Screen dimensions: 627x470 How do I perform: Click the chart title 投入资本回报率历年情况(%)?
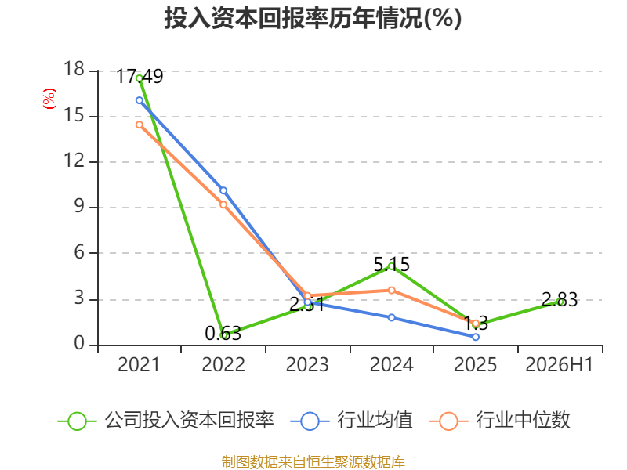pos(313,18)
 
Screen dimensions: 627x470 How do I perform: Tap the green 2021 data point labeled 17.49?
pos(140,78)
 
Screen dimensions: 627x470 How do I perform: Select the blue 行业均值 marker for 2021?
pos(140,100)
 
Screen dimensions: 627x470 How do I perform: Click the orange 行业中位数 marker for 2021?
pos(140,125)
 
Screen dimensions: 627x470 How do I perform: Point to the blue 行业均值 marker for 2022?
pos(223,190)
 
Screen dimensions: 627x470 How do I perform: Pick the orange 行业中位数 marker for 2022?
pos(223,204)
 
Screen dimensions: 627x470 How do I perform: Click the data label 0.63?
pos(223,334)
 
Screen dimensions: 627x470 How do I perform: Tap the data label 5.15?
pos(391,265)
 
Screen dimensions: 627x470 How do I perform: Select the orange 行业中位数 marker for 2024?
pos(391,290)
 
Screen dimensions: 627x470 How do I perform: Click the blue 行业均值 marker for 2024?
pos(391,317)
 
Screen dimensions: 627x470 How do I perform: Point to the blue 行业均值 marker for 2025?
pos(476,337)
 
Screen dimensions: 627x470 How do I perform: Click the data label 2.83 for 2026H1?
pos(560,300)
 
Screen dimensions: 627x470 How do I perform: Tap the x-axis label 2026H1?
pos(560,364)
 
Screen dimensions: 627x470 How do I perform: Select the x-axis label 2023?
pos(307,364)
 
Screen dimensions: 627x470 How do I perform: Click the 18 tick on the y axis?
pos(74,69)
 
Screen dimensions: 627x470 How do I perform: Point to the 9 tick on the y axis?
pos(79,206)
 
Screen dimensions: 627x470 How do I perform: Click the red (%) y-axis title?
pos(49,99)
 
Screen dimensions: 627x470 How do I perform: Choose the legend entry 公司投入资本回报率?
pos(166,421)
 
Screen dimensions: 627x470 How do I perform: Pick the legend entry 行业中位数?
pos(500,421)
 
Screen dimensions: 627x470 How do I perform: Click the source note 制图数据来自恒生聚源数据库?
pos(313,461)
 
